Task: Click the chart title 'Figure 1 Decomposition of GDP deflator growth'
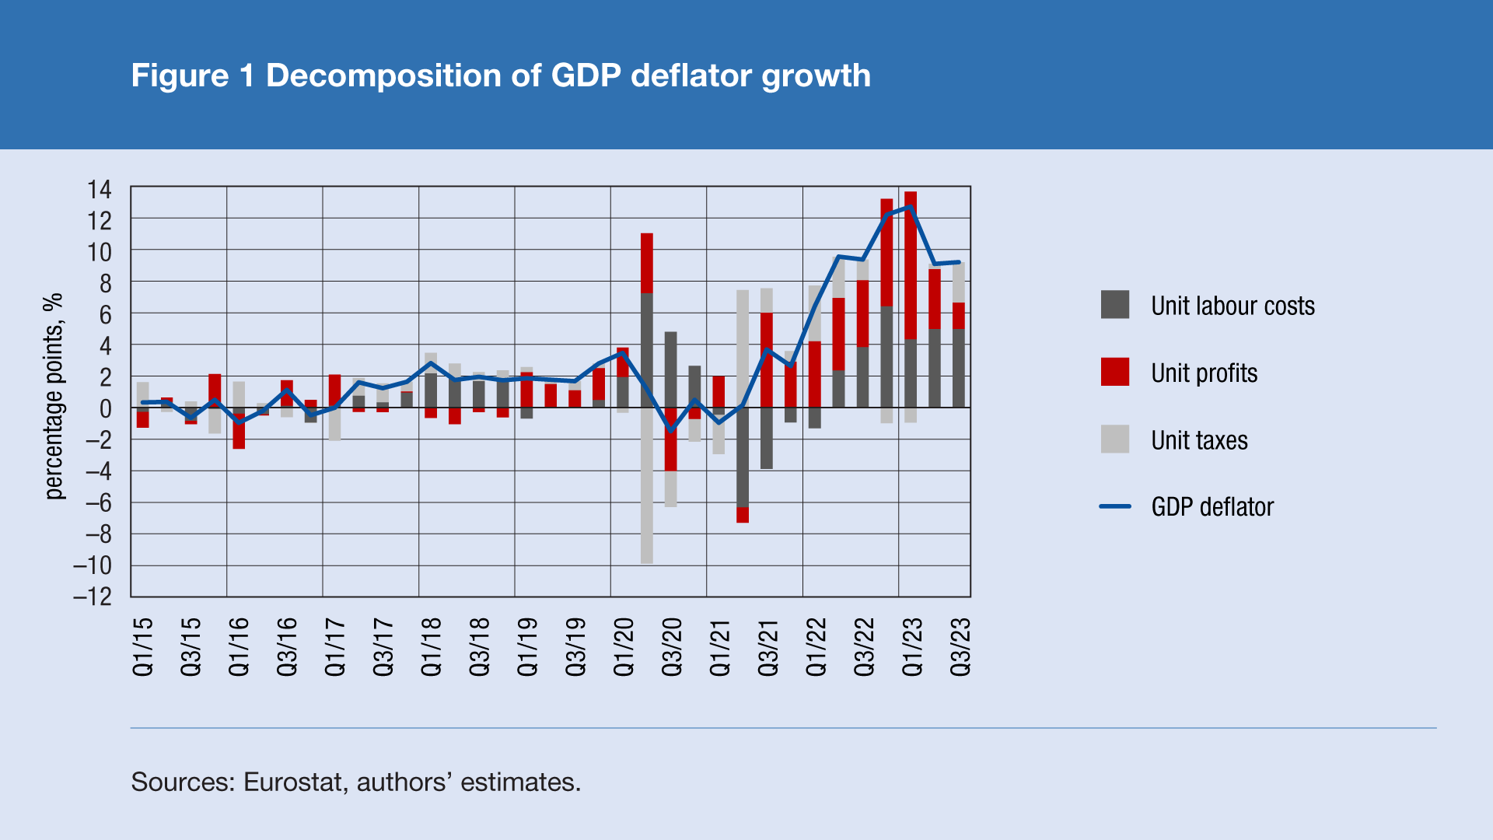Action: pos(501,75)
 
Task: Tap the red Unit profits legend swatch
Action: pos(1114,373)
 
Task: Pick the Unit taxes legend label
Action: pos(1199,440)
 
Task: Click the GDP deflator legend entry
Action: pos(1212,507)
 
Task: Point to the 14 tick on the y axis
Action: pos(100,190)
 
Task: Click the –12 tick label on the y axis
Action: pos(93,597)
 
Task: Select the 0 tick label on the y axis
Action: pos(105,408)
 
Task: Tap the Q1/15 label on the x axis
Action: pos(143,646)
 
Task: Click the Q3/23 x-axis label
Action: pos(961,646)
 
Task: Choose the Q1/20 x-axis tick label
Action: pos(624,646)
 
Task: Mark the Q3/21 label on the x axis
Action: pos(768,646)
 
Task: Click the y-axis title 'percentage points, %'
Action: pos(53,396)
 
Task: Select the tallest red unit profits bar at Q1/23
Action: pos(911,264)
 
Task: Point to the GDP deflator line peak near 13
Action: pos(909,207)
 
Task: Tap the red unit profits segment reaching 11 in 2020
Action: pos(647,263)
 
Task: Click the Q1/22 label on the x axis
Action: pos(816,646)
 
